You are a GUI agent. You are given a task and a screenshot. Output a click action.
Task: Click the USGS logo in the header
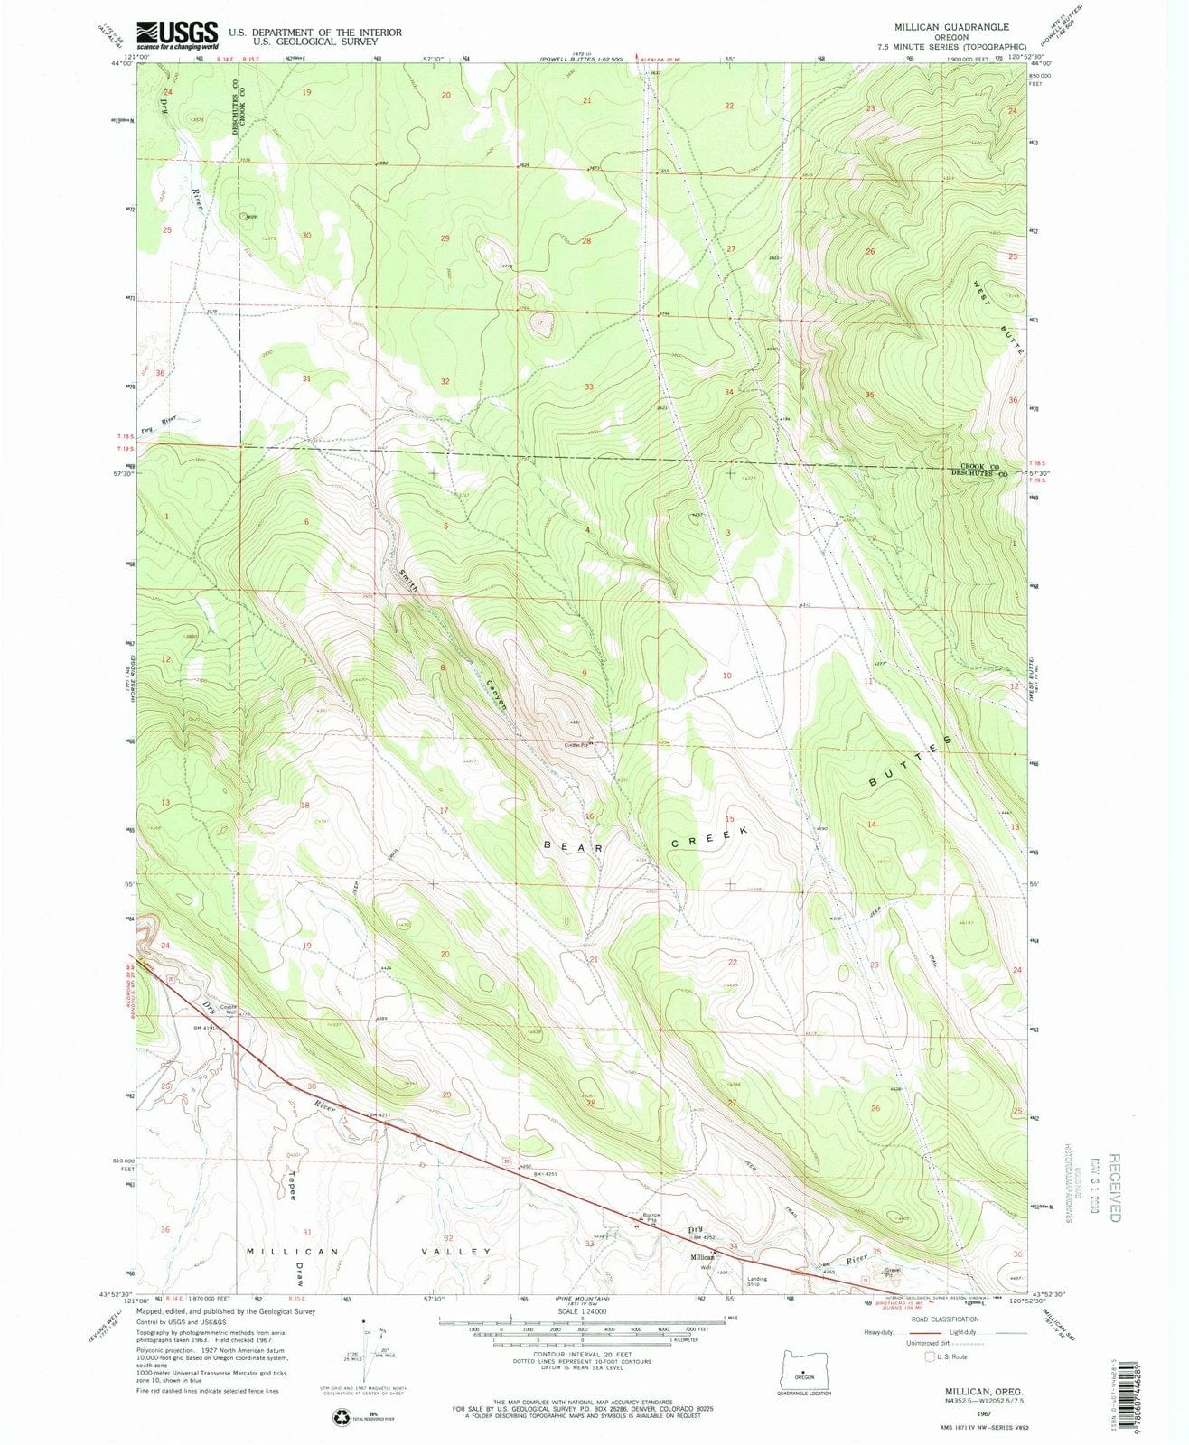click(x=177, y=35)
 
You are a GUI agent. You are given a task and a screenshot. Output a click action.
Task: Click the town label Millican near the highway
click(x=703, y=1257)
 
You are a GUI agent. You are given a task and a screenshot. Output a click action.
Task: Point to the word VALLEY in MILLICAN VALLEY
click(x=462, y=1252)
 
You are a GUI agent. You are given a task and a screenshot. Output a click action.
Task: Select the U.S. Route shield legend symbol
click(x=929, y=1356)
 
